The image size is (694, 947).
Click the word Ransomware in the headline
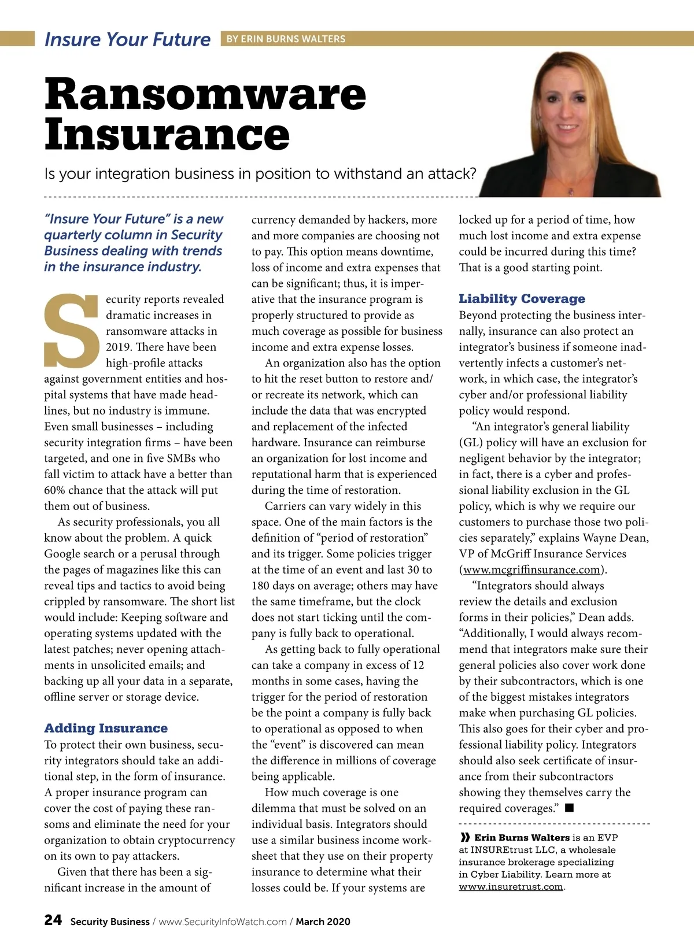205,94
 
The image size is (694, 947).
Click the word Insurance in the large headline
167,135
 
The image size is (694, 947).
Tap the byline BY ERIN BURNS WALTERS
286,39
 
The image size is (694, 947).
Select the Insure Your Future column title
127,39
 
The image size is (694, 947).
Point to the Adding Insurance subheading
106,728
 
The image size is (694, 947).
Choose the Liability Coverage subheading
522,299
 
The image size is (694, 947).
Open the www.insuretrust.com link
511,887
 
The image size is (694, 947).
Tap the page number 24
53,920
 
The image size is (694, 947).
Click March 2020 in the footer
323,922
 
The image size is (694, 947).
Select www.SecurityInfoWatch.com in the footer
223,922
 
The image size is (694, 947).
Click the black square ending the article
569,808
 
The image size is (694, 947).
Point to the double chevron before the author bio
465,837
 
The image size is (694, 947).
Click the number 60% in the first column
57,490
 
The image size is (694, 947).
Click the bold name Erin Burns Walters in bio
522,837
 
